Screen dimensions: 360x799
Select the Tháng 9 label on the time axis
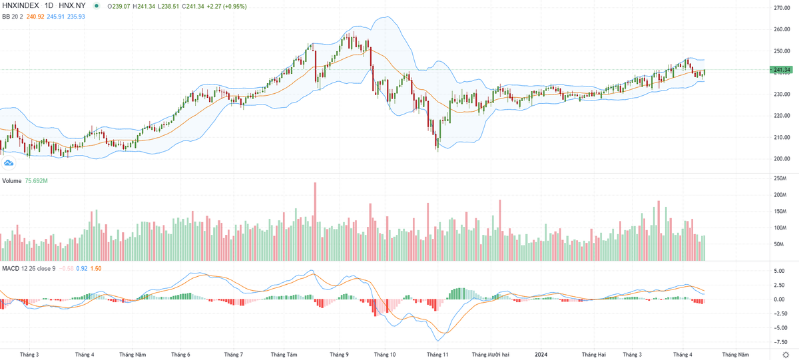tap(339, 355)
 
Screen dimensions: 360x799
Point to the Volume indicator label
tap(12, 181)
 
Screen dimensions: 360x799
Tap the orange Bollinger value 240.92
tap(35, 16)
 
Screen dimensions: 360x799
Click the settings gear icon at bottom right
tap(785, 355)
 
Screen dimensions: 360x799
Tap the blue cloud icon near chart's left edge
tap(9, 162)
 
